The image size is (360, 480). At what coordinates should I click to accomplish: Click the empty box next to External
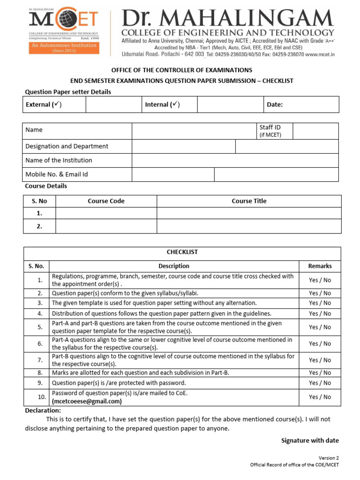[113, 105]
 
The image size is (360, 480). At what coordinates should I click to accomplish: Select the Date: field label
[275, 105]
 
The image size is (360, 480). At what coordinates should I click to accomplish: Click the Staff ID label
[270, 127]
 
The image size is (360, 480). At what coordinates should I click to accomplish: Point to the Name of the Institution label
[59, 160]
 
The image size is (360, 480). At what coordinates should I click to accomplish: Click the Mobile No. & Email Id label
[57, 174]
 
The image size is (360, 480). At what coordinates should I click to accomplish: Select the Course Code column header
[106, 201]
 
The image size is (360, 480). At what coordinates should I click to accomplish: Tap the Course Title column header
[249, 201]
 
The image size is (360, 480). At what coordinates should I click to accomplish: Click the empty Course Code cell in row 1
[106, 213]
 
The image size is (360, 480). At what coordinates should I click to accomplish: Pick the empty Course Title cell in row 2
[249, 226]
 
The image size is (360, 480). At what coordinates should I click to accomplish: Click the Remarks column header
[320, 266]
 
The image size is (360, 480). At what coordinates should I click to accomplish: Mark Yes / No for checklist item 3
[320, 303]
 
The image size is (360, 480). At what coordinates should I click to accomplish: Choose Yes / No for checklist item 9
[320, 383]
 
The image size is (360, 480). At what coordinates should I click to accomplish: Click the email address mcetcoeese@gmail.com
[87, 401]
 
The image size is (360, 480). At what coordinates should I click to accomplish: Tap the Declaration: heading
[43, 411]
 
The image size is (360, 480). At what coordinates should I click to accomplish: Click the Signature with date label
[310, 441]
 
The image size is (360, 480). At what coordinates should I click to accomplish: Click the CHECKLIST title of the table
[183, 252]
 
